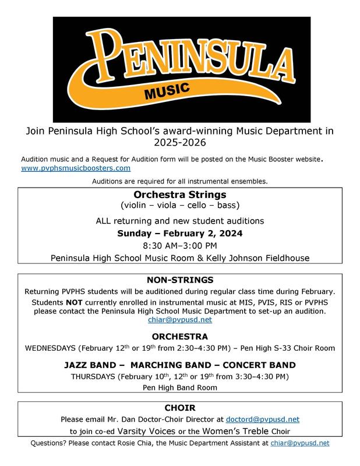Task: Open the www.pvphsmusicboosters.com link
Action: click(x=76, y=168)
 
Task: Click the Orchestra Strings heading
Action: click(x=179, y=195)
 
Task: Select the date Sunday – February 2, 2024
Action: click(x=179, y=233)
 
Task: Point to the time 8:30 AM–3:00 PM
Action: click(x=179, y=245)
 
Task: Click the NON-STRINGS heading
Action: click(x=179, y=280)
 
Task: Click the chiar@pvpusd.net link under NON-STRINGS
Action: click(x=179, y=320)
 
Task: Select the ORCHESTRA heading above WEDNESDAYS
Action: click(x=179, y=337)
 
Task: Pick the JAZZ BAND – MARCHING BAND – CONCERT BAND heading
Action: click(x=179, y=365)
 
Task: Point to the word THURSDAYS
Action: click(x=93, y=376)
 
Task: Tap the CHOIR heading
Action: click(x=179, y=408)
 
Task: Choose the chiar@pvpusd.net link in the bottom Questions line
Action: click(x=300, y=443)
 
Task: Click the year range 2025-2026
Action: click(x=179, y=141)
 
